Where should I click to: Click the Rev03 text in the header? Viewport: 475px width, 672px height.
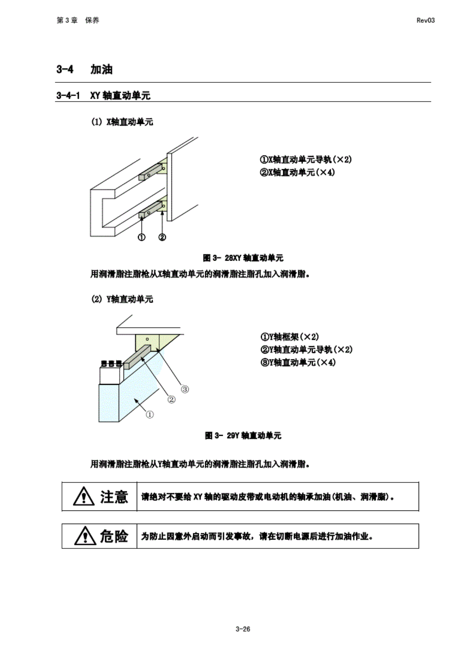425,20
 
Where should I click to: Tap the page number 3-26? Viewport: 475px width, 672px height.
243,629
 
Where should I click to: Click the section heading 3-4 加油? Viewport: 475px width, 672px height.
84,70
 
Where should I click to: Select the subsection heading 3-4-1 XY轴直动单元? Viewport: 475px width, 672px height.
103,96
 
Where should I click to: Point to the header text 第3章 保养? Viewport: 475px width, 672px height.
78,20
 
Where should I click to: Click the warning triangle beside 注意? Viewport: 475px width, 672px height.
84,497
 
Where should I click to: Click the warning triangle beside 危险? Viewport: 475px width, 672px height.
84,536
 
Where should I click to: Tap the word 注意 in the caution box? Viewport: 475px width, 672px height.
114,497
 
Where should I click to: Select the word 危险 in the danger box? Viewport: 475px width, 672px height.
114,536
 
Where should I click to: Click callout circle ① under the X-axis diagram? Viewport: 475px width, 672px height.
142,237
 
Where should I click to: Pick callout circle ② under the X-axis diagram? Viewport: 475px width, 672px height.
162,237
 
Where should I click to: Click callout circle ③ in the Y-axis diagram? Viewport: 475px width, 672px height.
185,389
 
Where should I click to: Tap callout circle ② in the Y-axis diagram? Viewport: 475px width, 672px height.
171,399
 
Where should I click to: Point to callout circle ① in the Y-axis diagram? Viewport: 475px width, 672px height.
150,415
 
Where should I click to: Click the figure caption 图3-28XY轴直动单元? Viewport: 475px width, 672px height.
243,258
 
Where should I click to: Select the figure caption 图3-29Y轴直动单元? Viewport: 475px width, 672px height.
243,435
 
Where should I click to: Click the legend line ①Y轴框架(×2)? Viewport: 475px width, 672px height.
290,337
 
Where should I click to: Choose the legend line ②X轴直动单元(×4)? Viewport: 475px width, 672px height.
297,172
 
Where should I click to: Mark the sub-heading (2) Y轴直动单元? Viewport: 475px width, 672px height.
122,299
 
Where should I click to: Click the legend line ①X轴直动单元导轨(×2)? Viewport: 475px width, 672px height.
306,160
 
